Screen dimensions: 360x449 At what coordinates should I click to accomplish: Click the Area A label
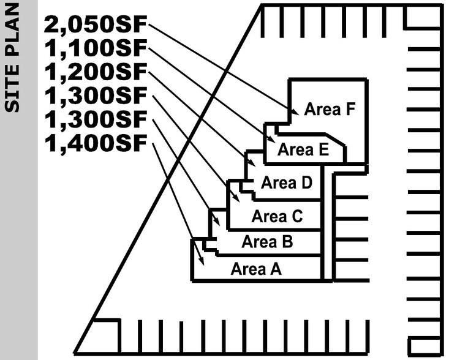click(x=256, y=269)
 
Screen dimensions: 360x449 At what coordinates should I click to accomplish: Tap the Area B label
click(x=267, y=241)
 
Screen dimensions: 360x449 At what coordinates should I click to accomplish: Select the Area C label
click(x=277, y=216)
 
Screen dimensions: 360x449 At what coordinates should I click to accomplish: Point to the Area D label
click(x=287, y=182)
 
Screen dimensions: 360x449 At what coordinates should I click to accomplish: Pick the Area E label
click(x=303, y=149)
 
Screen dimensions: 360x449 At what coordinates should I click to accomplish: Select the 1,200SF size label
click(x=96, y=72)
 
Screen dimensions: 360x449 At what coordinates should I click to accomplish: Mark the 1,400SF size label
click(x=96, y=144)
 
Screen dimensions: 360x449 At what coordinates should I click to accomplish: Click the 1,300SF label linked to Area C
click(x=96, y=96)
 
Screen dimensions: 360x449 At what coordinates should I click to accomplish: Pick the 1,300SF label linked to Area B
click(x=96, y=120)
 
